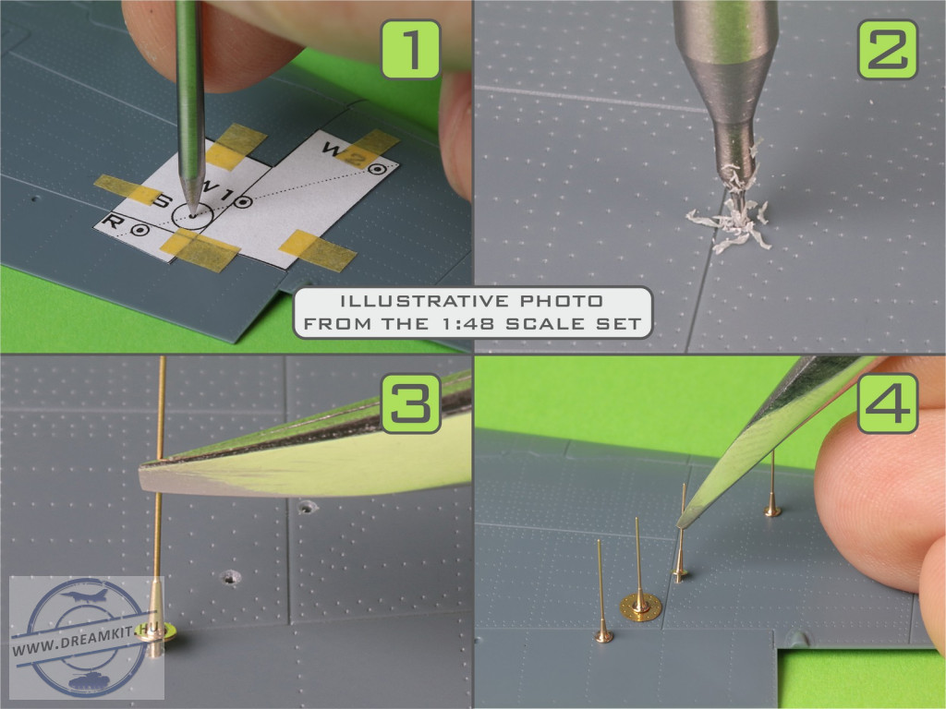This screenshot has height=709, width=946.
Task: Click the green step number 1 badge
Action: (411, 50)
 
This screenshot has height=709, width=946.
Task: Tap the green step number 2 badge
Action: (888, 50)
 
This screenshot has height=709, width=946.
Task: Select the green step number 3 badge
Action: (411, 403)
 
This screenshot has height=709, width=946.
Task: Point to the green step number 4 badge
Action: (888, 403)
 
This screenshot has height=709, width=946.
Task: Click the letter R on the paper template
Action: (112, 222)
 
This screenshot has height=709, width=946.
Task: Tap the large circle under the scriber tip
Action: (192, 215)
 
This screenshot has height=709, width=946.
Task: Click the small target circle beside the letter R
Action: (140, 230)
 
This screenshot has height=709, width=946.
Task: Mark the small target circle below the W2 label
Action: (378, 170)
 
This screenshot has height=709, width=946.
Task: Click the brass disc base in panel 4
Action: (640, 607)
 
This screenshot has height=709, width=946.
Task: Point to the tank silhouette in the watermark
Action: (89, 679)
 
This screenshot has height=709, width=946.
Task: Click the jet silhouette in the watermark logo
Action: (84, 595)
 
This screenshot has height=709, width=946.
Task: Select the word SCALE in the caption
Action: (545, 324)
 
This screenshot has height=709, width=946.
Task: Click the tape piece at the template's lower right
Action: (318, 249)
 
